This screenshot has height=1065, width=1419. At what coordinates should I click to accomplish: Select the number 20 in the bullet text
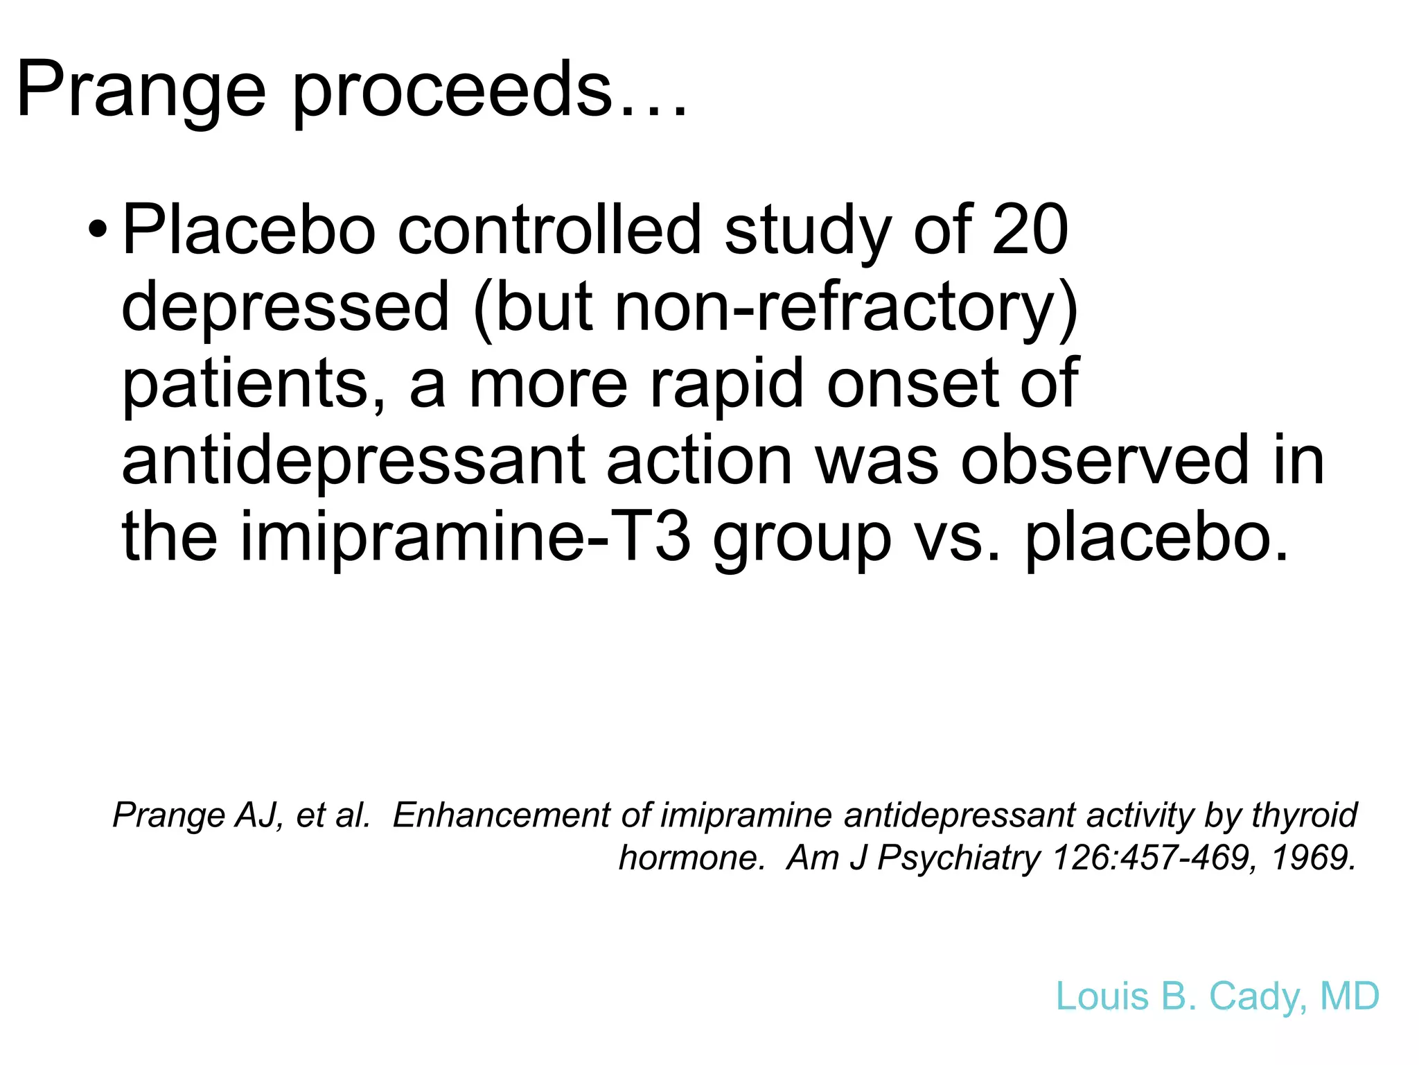click(x=1030, y=230)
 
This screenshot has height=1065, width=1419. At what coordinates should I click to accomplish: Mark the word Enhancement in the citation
click(x=502, y=815)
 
